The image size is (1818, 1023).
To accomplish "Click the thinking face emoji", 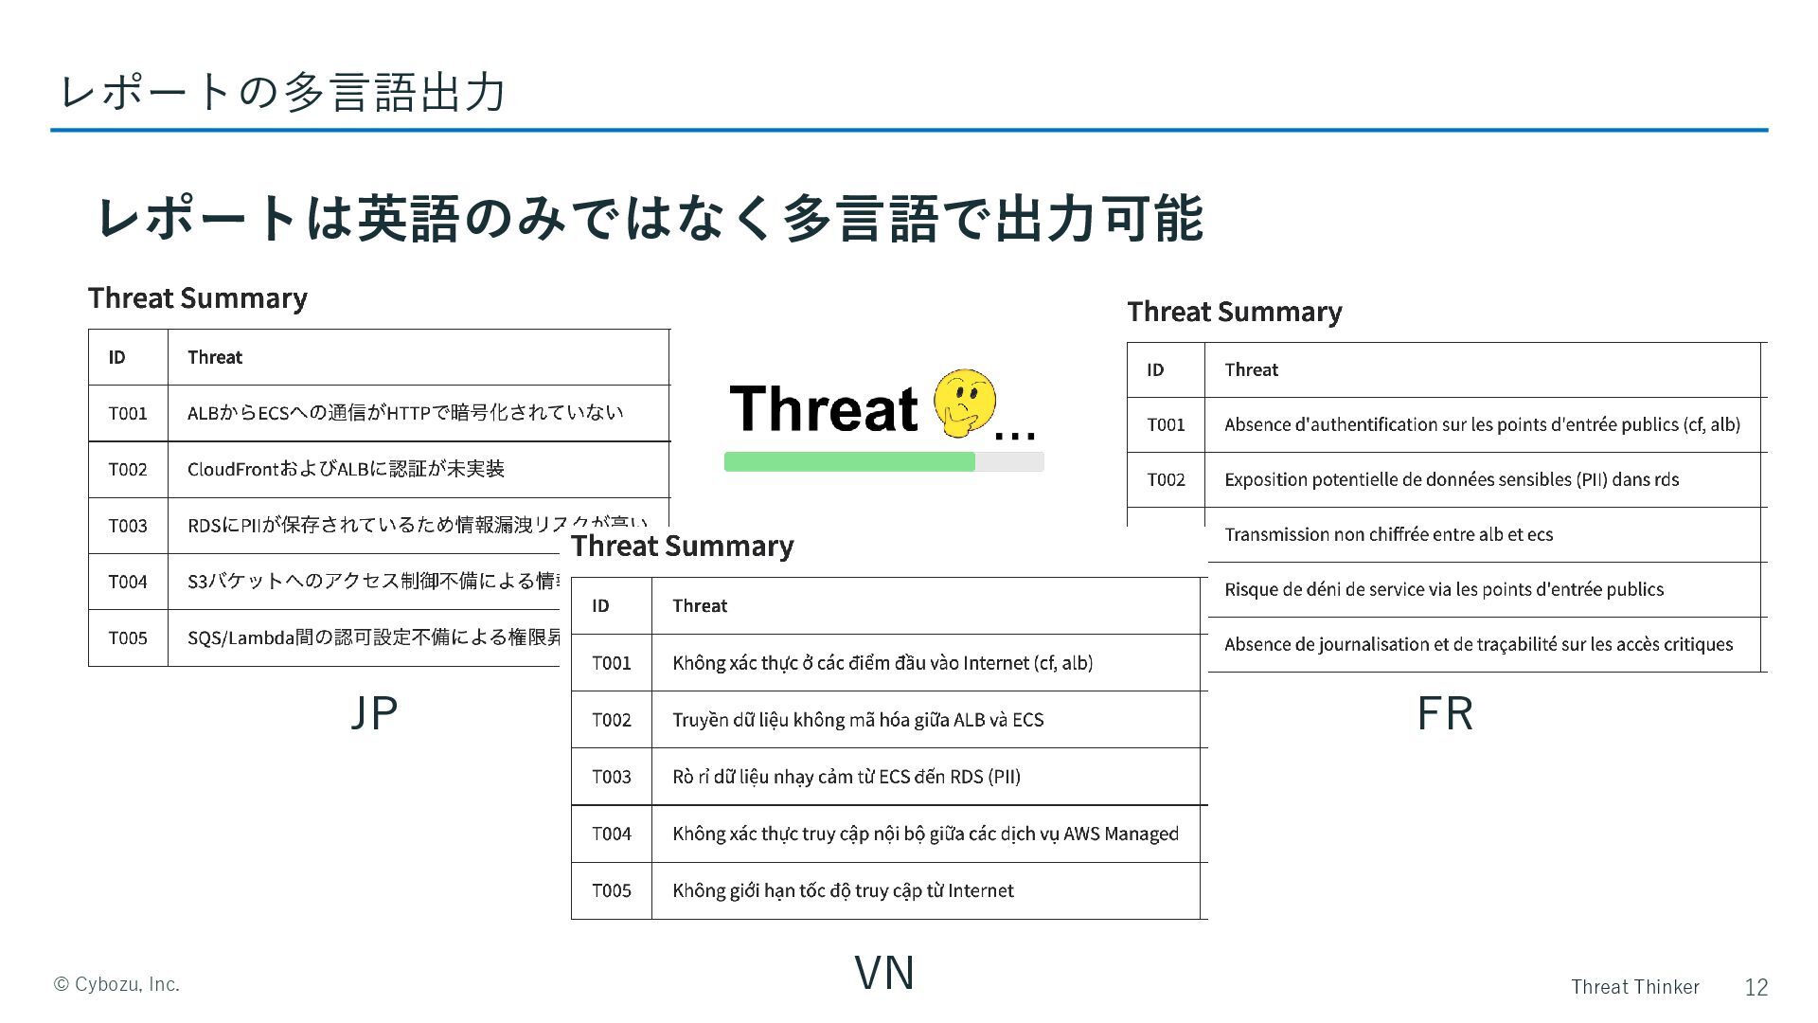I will (964, 404).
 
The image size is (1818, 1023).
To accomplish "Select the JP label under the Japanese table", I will (374, 713).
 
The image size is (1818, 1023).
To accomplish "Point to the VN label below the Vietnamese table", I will (884, 973).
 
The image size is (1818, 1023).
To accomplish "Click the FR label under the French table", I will (1445, 713).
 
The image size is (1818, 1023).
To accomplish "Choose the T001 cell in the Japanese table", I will (128, 413).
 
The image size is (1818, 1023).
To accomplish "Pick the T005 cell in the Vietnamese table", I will (612, 890).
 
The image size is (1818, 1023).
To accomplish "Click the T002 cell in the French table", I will (1166, 479).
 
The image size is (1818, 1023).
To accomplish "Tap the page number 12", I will (1756, 987).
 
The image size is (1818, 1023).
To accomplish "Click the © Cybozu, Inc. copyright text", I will (116, 984).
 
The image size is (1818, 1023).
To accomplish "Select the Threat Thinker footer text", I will (1635, 987).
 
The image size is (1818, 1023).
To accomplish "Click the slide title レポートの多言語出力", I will (282, 92).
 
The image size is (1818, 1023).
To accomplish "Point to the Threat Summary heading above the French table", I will (1234, 312).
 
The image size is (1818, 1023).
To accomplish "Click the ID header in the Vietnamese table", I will (600, 605).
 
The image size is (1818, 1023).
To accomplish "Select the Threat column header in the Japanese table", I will (215, 357).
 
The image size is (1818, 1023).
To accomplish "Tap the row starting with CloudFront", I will (346, 469).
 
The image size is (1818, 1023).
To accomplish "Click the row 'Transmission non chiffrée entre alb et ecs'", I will (1388, 534).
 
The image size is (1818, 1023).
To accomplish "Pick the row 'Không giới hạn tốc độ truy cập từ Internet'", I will (843, 890).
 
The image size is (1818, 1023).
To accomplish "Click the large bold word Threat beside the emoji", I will (824, 408).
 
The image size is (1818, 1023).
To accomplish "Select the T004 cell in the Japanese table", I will (128, 582).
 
